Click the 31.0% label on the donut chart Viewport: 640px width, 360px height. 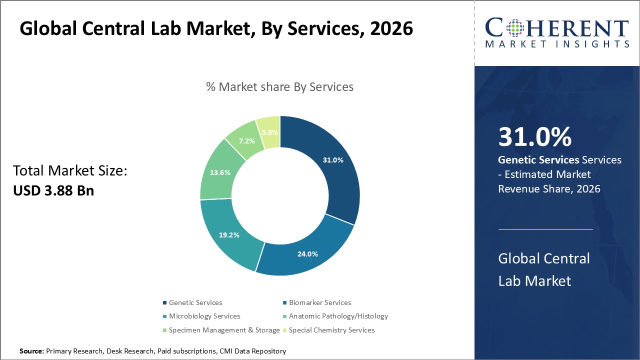pos(333,160)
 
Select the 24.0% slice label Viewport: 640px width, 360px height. pos(307,253)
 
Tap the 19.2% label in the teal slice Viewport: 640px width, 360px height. pos(229,234)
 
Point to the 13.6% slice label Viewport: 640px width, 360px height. pos(220,172)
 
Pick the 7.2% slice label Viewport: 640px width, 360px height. pos(246,141)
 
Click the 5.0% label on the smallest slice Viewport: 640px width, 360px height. pos(269,133)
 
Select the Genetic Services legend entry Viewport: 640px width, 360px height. pos(195,302)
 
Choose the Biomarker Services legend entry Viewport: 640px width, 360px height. pos(319,302)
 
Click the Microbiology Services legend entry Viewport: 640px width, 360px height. pos(204,316)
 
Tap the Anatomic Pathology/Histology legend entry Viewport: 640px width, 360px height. pos(338,316)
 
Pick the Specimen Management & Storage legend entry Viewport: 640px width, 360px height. pos(224,330)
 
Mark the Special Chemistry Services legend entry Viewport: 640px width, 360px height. pos(331,330)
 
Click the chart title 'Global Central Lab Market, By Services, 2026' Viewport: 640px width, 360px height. pos(216,28)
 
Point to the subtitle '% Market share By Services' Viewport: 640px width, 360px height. pos(279,86)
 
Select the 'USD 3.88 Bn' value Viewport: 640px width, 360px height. pos(53,190)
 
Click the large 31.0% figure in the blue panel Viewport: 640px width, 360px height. pos(534,137)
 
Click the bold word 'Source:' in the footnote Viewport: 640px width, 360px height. pos(31,351)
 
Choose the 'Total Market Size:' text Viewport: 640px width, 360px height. pos(70,171)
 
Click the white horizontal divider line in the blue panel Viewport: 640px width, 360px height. pos(545,229)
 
